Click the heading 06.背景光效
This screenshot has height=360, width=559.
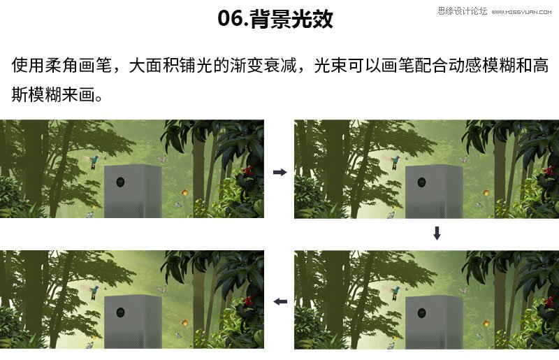[275, 19]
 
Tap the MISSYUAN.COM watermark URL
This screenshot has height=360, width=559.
[521, 12]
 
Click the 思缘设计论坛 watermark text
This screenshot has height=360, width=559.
[462, 11]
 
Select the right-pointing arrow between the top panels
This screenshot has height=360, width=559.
[280, 173]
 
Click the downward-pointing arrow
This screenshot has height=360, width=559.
[437, 233]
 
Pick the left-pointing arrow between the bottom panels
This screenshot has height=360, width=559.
[280, 302]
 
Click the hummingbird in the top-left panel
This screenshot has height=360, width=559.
[94, 161]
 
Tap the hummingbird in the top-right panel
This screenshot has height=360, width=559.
[395, 161]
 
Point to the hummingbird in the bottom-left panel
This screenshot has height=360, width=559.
[94, 291]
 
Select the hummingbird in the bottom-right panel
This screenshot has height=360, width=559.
[395, 291]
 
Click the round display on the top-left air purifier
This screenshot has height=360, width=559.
[120, 182]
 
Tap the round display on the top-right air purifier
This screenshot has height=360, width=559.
[422, 182]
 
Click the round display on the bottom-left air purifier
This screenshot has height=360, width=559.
[120, 313]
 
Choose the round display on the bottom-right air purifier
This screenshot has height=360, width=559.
[422, 313]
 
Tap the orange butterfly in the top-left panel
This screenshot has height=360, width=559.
[185, 193]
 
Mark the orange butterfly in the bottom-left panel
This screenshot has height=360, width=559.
[185, 323]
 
